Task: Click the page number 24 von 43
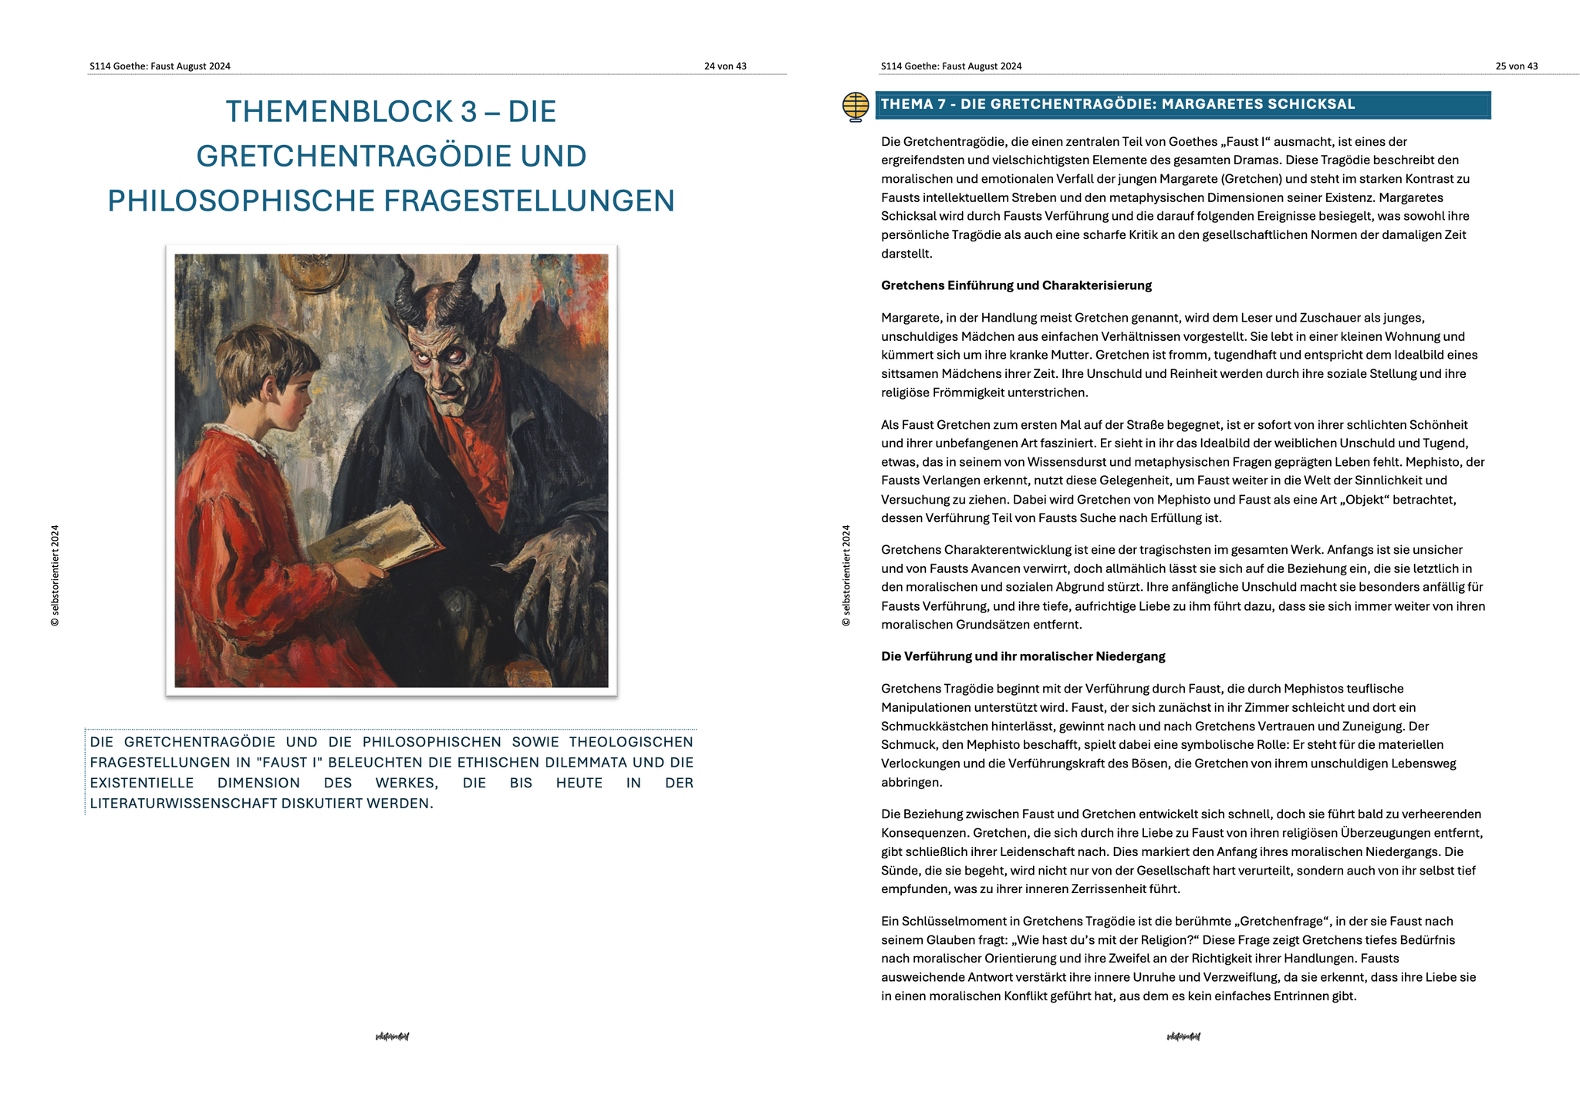click(724, 66)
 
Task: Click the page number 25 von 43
click(1516, 66)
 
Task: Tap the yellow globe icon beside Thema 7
click(856, 106)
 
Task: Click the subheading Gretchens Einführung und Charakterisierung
click(1016, 285)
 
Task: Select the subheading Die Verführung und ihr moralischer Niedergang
click(1023, 656)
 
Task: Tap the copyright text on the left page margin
click(55, 575)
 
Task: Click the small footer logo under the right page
click(1183, 1037)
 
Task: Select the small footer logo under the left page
click(392, 1037)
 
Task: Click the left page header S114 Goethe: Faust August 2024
click(160, 66)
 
